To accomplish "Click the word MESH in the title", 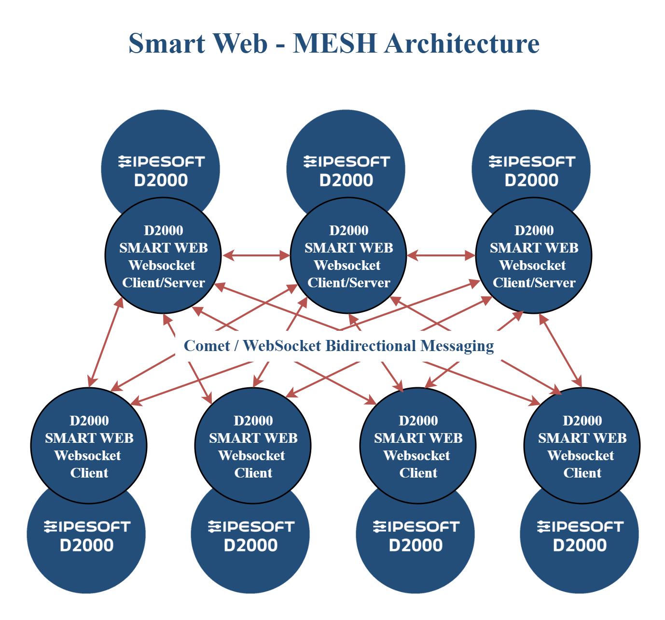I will click(334, 43).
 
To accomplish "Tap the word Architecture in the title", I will click(462, 43).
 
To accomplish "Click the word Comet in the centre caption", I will click(207, 346).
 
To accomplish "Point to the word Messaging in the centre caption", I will click(457, 346).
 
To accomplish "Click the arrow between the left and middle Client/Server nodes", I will click(256, 255).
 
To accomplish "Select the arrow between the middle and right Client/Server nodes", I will click(441, 255).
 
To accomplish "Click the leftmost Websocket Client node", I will click(89, 446).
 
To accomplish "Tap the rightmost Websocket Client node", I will click(582, 446).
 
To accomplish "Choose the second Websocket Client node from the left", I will click(253, 446).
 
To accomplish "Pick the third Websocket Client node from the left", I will click(418, 446).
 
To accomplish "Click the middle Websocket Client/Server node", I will click(348, 255).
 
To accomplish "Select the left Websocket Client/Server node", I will click(163, 255).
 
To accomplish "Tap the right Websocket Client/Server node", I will click(534, 255).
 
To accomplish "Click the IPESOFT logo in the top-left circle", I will click(162, 162).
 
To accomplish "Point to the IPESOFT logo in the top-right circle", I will click(532, 162).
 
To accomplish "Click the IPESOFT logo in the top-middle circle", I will click(347, 162).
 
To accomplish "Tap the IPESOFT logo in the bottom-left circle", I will click(87, 527).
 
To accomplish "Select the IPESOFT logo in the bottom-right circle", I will click(581, 527).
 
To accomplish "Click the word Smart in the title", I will click(167, 43).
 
